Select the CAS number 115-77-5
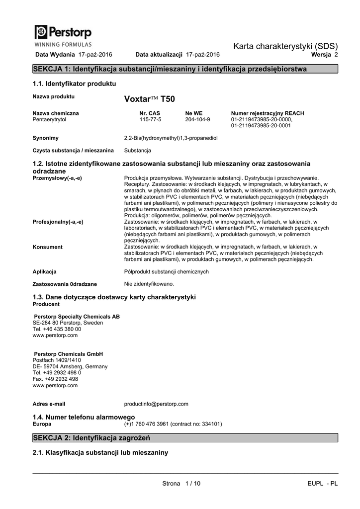150,120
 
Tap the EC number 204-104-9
197,120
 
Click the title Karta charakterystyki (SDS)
285,46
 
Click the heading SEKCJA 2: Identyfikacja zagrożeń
91,437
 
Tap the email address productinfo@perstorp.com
156,404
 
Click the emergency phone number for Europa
173,424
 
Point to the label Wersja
321,54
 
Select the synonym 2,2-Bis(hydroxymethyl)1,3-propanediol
171,138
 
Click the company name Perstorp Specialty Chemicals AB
77,317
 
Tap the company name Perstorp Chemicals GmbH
68,354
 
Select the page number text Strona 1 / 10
181,484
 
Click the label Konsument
48,247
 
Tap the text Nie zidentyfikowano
149,284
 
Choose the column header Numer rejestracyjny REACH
268,113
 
